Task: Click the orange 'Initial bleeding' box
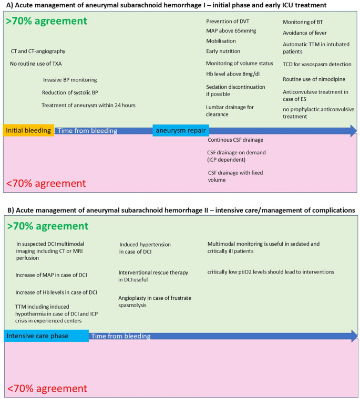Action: click(x=28, y=130)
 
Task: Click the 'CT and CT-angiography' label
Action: click(x=38, y=51)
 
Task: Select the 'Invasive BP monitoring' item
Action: click(x=70, y=80)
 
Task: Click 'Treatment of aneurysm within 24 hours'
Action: click(x=88, y=105)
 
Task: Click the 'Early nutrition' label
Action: click(x=223, y=51)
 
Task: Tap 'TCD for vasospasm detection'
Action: click(x=317, y=64)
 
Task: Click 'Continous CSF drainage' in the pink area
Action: click(x=235, y=140)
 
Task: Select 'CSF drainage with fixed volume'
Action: click(x=234, y=176)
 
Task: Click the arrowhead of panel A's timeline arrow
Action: click(x=352, y=131)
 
